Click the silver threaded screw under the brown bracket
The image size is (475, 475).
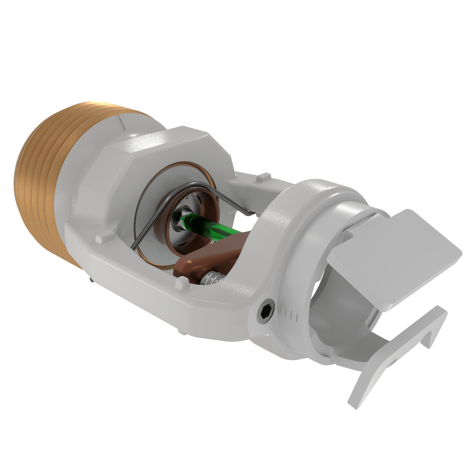210,277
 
